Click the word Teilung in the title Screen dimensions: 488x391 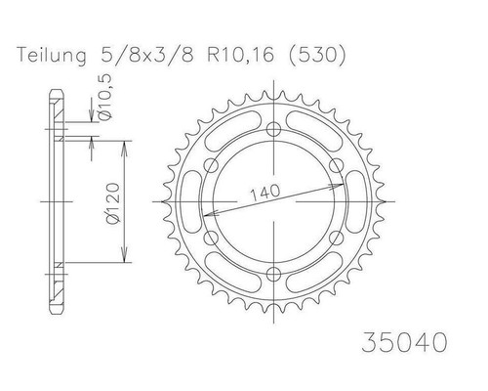[52, 55]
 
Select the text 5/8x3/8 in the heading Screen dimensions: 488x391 [147, 55]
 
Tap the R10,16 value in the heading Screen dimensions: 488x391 [240, 55]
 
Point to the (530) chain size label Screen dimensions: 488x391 [316, 55]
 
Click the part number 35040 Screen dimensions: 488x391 [404, 342]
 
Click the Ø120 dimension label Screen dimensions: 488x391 [113, 203]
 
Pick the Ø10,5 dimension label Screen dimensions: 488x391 [104, 97]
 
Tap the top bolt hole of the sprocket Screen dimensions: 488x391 [273, 130]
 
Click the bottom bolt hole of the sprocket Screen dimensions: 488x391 [273, 273]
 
